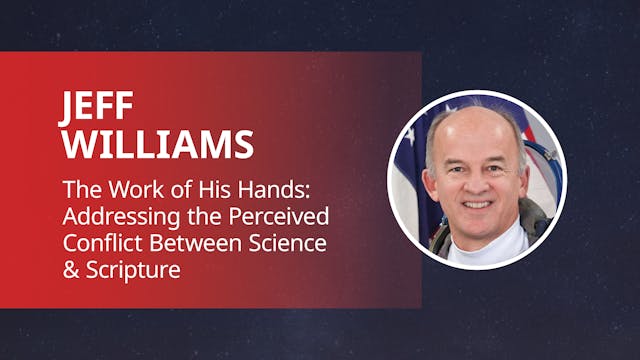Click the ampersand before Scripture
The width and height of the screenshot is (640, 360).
69,268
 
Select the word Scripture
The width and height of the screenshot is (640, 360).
129,268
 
